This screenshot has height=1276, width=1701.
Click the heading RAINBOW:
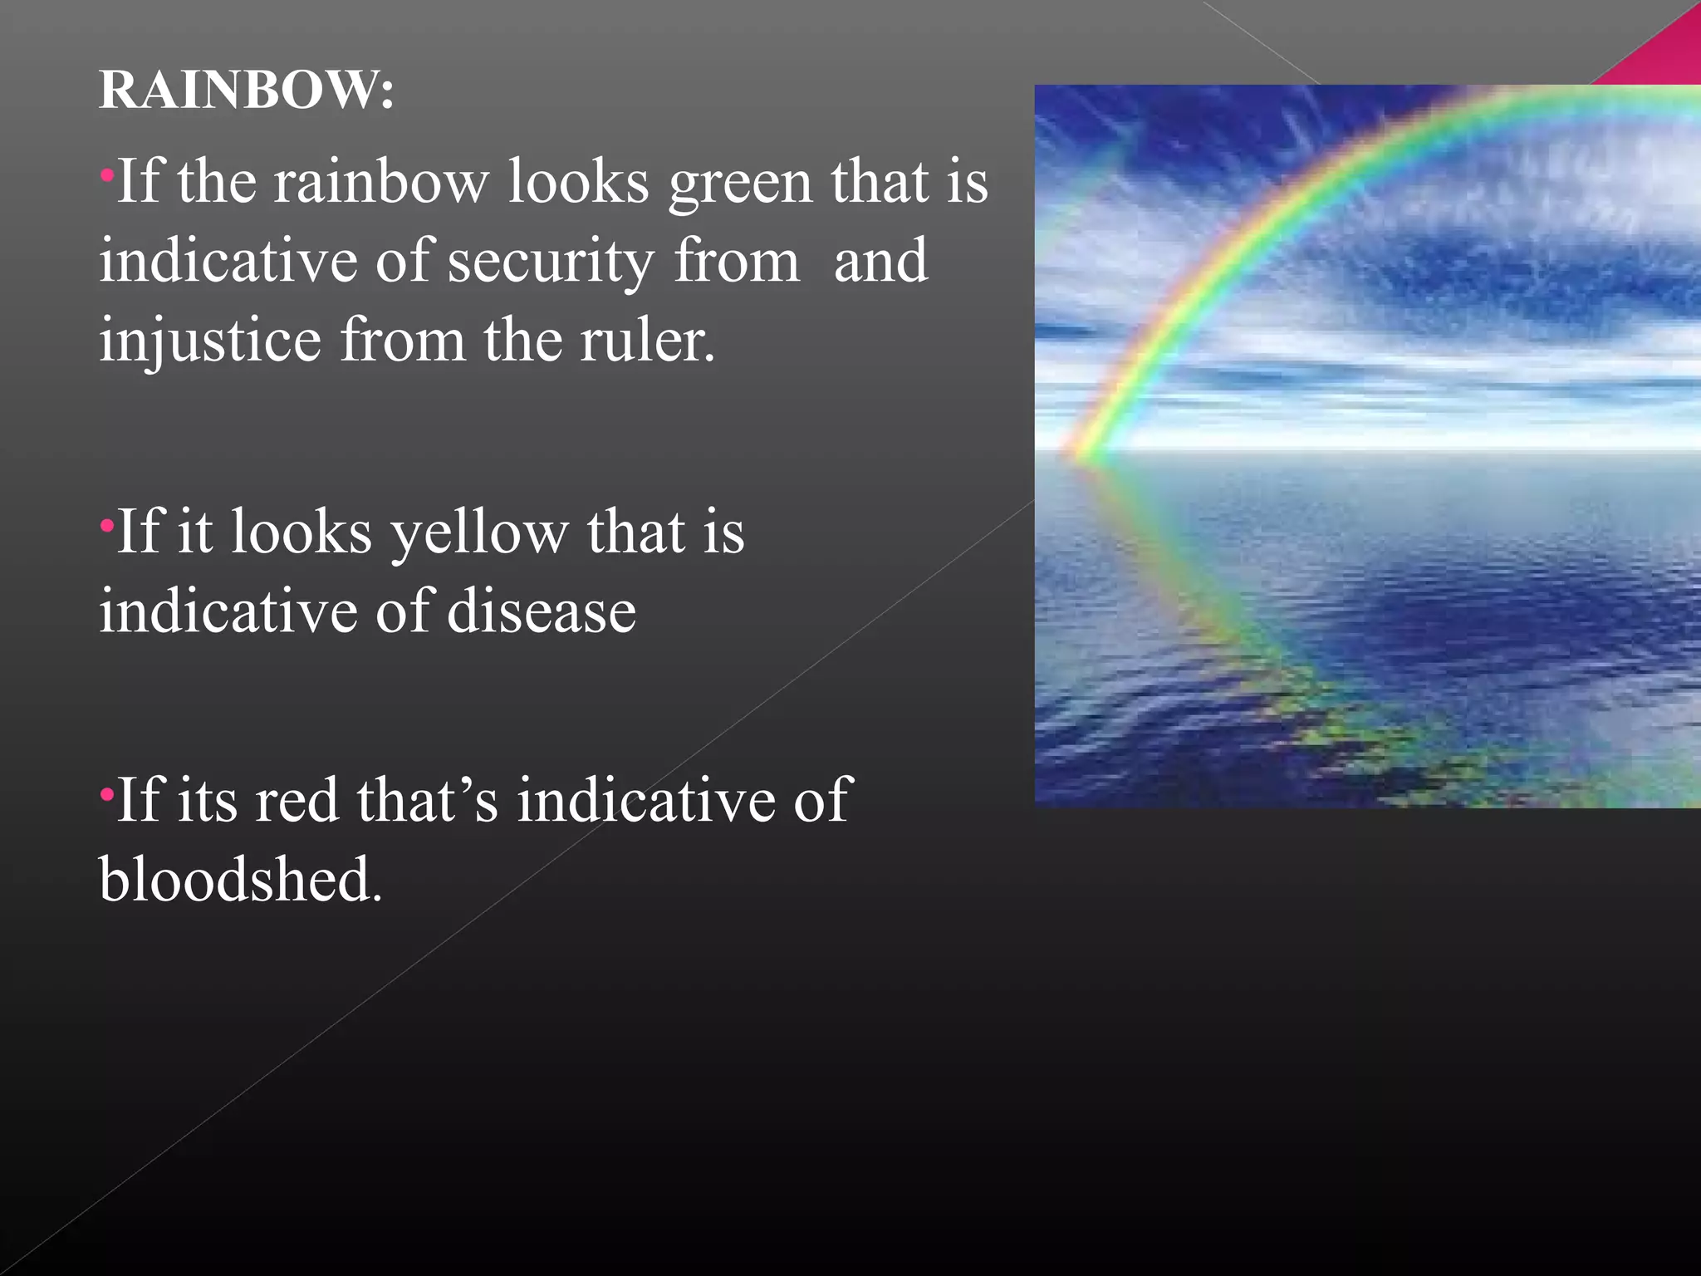tap(246, 90)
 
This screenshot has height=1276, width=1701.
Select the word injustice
tap(210, 341)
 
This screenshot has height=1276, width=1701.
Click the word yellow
tap(479, 533)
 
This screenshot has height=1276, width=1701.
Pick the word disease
tap(542, 612)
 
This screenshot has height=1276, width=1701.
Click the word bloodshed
tap(240, 880)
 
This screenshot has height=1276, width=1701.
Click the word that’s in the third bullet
tap(427, 801)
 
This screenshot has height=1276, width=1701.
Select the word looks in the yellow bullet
tap(301, 533)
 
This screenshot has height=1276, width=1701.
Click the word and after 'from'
tap(880, 263)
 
